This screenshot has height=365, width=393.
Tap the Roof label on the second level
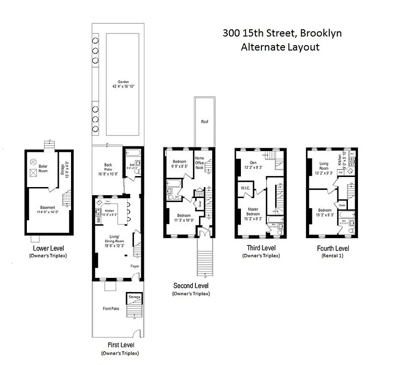click(204, 122)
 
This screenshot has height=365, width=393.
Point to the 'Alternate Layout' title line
click(280, 47)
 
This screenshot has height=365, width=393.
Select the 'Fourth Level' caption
click(333, 248)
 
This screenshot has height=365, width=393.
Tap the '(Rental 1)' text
click(333, 255)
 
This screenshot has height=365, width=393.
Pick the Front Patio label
click(111, 309)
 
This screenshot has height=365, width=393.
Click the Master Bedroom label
click(253, 211)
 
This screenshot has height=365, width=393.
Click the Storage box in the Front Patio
click(134, 297)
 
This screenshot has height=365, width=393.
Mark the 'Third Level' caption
click(261, 248)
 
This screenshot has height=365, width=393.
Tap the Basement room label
click(48, 208)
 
